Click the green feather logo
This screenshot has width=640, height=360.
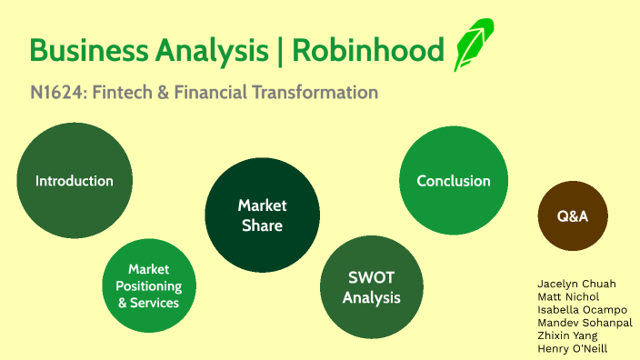473,45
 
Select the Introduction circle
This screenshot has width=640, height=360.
75,180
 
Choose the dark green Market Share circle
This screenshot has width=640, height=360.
262,215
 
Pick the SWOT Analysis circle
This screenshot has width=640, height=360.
372,286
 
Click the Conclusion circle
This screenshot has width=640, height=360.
453,180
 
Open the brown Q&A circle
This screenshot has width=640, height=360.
573,216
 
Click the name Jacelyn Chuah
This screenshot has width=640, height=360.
576,284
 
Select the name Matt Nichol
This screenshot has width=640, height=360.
568,296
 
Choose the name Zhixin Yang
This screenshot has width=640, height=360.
567,335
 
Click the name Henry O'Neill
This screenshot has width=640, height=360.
572,348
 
